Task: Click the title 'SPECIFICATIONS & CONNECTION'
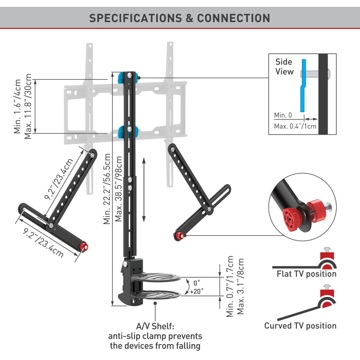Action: click(x=180, y=18)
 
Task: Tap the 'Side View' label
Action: click(x=284, y=67)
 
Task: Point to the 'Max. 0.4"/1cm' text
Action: click(x=295, y=126)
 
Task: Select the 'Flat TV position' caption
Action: click(x=306, y=274)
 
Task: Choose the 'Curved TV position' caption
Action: click(x=300, y=326)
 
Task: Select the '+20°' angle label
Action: click(x=196, y=291)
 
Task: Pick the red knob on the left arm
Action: click(x=83, y=247)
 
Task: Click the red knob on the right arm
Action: click(x=180, y=235)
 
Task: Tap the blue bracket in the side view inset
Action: click(x=303, y=85)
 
